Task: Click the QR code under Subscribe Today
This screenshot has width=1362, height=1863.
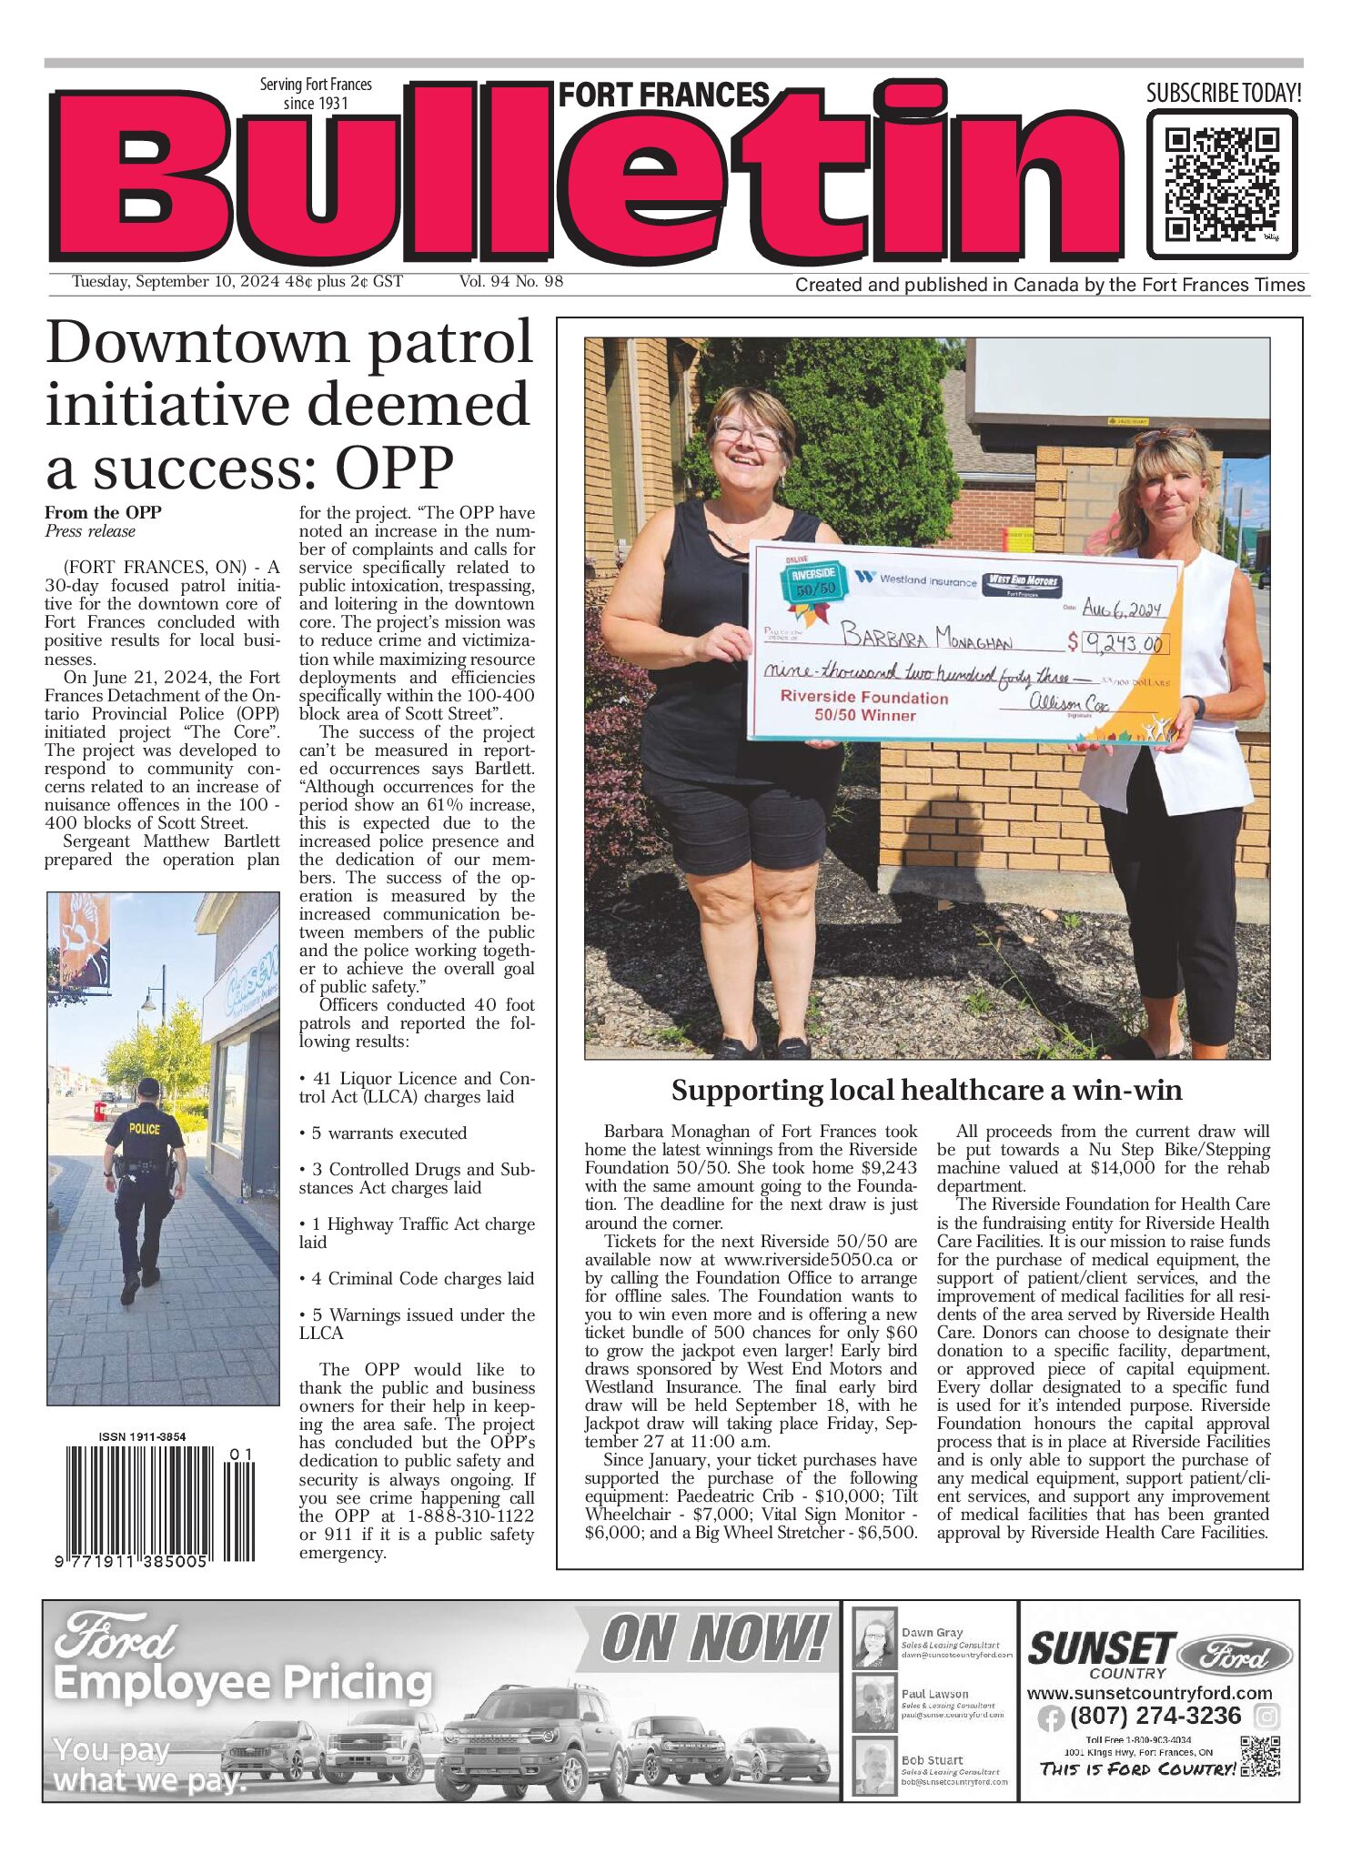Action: click(x=1221, y=184)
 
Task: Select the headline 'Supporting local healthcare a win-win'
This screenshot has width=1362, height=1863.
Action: click(x=926, y=1090)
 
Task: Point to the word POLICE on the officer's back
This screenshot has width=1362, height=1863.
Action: click(x=144, y=1129)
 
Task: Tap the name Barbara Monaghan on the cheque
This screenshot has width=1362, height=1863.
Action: click(x=925, y=636)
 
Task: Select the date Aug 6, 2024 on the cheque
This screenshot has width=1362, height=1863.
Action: click(x=1122, y=610)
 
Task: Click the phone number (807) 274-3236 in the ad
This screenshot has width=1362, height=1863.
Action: click(x=1155, y=1716)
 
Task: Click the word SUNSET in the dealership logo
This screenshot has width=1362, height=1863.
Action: click(x=1101, y=1649)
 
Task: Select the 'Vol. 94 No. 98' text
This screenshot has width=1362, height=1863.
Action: click(x=510, y=282)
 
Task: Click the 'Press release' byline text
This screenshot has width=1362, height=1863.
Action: click(x=90, y=531)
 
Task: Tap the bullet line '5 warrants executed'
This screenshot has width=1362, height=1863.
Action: click(x=383, y=1133)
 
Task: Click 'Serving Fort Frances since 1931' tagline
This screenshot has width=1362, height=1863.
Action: click(x=316, y=94)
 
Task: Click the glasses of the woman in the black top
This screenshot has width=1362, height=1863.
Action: click(x=748, y=429)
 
